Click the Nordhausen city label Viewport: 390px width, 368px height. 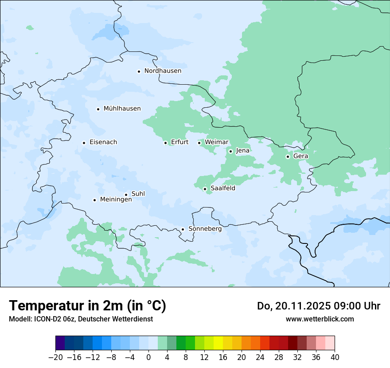163,71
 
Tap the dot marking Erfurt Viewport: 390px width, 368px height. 165,143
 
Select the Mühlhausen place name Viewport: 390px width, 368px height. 122,109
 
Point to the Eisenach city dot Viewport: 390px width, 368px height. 84,143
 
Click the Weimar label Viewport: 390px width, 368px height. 216,142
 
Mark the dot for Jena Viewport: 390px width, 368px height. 230,151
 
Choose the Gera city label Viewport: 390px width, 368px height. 300,156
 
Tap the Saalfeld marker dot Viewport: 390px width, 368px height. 205,189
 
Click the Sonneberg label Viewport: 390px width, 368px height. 205,229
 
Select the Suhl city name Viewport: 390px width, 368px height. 138,194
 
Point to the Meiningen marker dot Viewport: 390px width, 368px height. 94,200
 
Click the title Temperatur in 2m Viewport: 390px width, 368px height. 87,305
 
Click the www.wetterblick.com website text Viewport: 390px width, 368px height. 320,319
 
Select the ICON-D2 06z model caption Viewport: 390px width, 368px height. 81,319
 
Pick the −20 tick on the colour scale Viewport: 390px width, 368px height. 55,357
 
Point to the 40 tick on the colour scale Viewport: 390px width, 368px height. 335,357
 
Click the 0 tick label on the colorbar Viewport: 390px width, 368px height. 148,357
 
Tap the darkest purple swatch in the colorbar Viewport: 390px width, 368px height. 60,343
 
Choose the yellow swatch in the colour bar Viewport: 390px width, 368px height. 218,343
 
